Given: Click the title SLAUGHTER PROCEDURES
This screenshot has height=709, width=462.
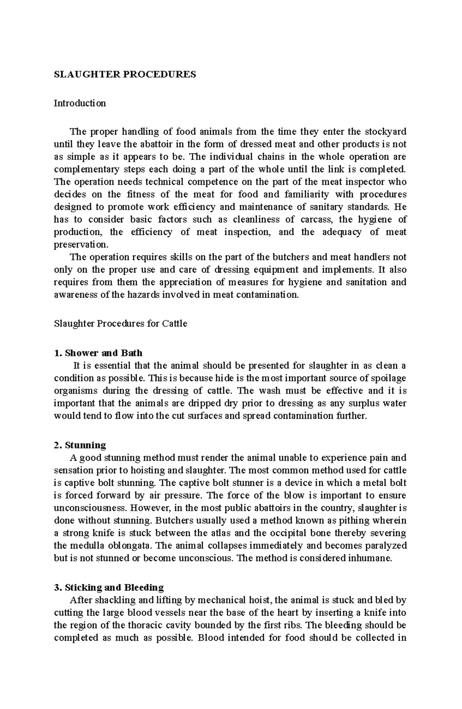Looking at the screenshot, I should pyautogui.click(x=125, y=74).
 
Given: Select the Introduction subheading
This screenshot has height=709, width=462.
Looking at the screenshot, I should pyautogui.click(x=80, y=103).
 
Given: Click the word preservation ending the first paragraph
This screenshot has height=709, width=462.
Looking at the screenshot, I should pyautogui.click(x=81, y=244).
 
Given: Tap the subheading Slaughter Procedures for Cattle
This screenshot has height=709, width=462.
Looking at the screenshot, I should pyautogui.click(x=121, y=324).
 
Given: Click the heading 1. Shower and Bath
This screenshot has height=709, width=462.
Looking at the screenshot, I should pyautogui.click(x=98, y=353).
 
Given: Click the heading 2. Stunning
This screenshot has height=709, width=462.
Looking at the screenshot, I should pyautogui.click(x=80, y=445).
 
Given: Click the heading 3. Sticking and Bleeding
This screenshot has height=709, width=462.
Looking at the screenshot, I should pyautogui.click(x=109, y=587).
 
